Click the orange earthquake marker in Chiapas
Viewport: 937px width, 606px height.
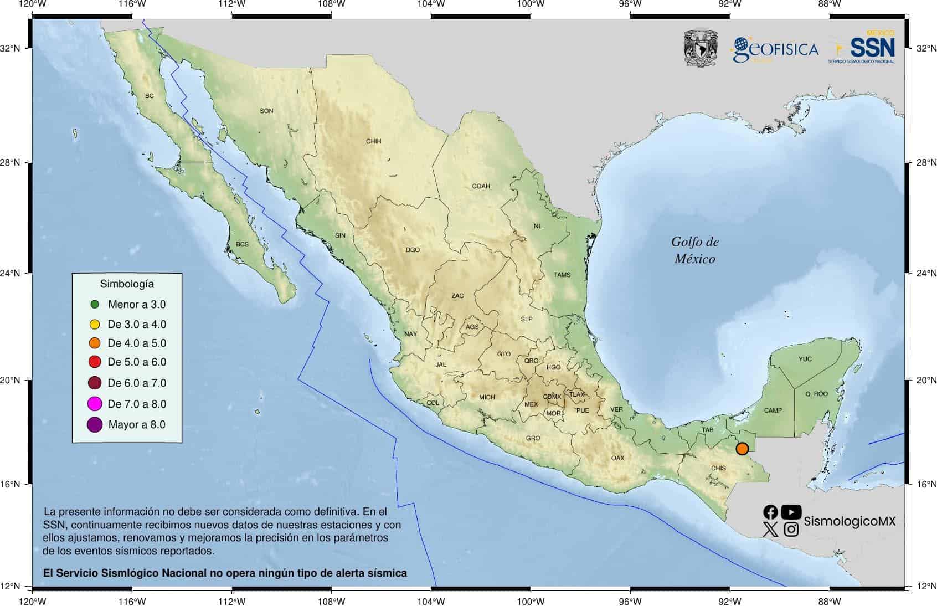tap(742, 449)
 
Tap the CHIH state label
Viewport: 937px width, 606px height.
tap(374, 141)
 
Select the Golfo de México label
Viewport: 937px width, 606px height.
tap(694, 250)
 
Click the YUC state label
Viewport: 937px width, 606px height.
tap(805, 359)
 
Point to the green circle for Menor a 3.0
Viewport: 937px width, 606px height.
tap(95, 304)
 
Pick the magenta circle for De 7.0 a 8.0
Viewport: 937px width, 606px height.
tap(95, 404)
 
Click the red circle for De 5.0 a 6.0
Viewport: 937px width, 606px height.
tap(95, 362)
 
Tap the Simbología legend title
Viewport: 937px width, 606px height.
tap(127, 284)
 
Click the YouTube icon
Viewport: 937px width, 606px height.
tap(791, 512)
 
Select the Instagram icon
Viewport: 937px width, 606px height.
tap(791, 530)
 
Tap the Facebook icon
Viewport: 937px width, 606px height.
tap(770, 512)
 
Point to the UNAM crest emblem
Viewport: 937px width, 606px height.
tap(701, 49)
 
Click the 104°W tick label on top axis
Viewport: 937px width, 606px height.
tap(431, 4)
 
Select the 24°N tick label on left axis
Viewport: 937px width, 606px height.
tap(10, 273)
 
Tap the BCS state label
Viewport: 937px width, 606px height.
tap(242, 244)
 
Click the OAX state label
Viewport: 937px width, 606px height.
tap(617, 458)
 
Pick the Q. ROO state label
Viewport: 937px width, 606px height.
tap(816, 394)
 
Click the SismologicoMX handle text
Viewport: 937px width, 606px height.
tap(849, 521)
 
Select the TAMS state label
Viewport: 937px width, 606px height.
tap(562, 275)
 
